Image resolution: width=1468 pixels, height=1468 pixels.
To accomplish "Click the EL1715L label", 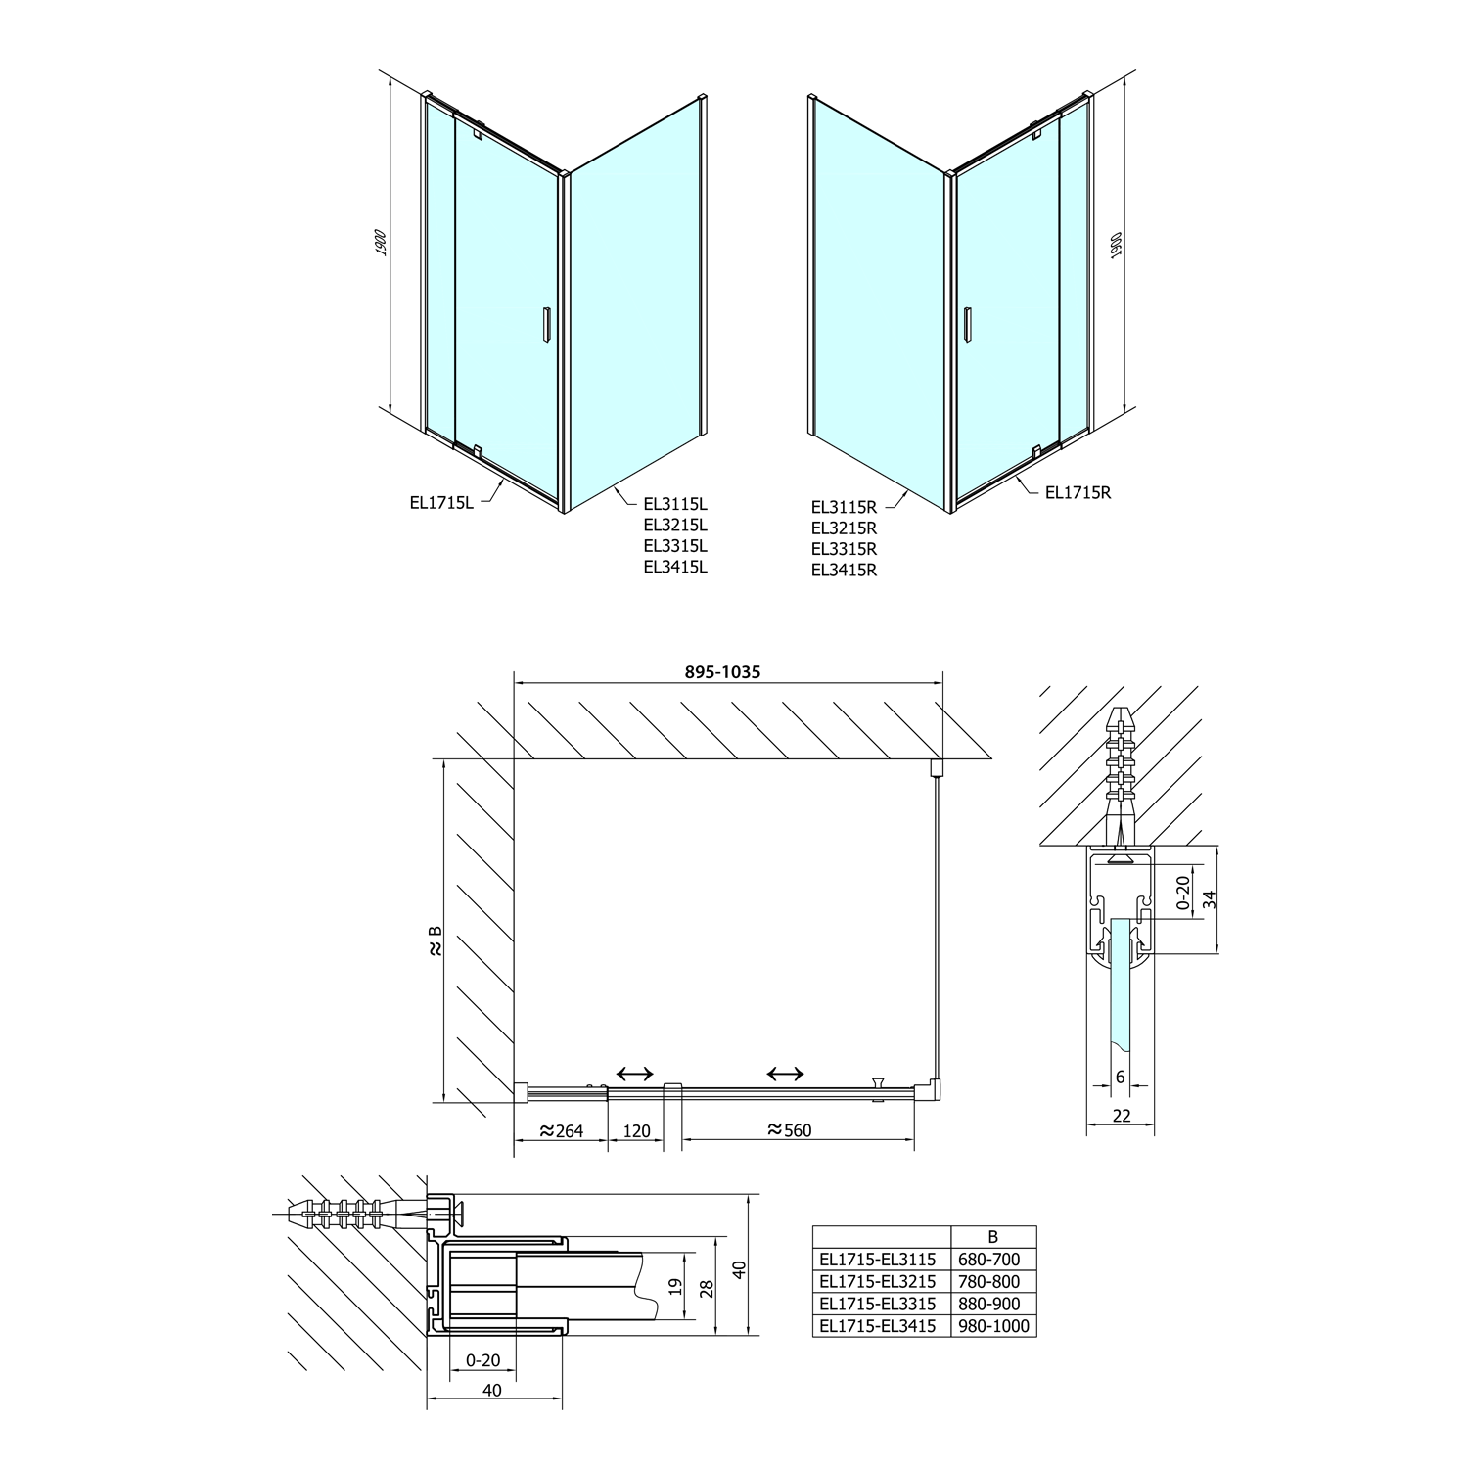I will tap(441, 503).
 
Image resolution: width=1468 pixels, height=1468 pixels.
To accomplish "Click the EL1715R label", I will tap(1078, 493).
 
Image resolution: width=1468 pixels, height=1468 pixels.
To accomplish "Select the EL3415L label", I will tap(675, 567).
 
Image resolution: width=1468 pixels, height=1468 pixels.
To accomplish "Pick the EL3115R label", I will tap(844, 507).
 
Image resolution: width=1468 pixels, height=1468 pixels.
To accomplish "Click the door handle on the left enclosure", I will tap(547, 326).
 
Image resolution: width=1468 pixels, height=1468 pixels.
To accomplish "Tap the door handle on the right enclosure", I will tap(968, 325).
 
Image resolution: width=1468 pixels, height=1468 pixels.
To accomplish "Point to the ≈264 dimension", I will tap(560, 1131).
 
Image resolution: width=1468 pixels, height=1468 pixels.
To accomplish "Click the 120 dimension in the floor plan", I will tap(636, 1131).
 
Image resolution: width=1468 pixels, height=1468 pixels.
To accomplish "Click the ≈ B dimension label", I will tap(436, 940).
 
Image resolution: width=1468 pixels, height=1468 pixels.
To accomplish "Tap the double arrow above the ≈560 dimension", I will tap(786, 1075).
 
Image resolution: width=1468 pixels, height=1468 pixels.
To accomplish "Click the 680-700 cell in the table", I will tap(992, 1260).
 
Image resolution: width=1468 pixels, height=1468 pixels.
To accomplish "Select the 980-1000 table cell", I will tap(992, 1326).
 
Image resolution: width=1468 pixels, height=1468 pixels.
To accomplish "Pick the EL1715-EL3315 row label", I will tap(878, 1304).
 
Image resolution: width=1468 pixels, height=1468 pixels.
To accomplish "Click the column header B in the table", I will tap(992, 1237).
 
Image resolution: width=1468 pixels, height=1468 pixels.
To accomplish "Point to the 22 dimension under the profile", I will tap(1122, 1116).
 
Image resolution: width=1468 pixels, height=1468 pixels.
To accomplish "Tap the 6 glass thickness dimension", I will tap(1121, 1078).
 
